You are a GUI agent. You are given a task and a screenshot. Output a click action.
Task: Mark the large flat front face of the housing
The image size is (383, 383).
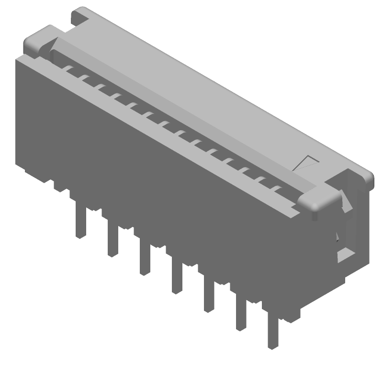click(x=158, y=177)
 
